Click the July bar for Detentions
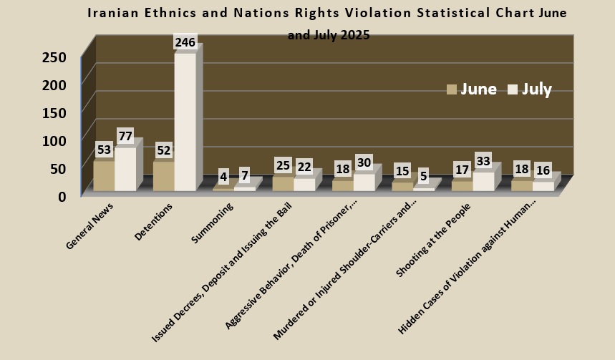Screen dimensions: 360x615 185,122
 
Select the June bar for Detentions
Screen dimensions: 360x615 163,176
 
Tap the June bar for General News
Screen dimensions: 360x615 104,176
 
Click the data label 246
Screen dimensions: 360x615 185,43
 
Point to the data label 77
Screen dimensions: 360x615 127,136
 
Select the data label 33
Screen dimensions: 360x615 483,161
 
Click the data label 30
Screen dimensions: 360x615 364,162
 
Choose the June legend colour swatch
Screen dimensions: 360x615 452,89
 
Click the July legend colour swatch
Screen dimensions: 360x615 513,89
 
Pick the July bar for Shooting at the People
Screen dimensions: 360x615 483,181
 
